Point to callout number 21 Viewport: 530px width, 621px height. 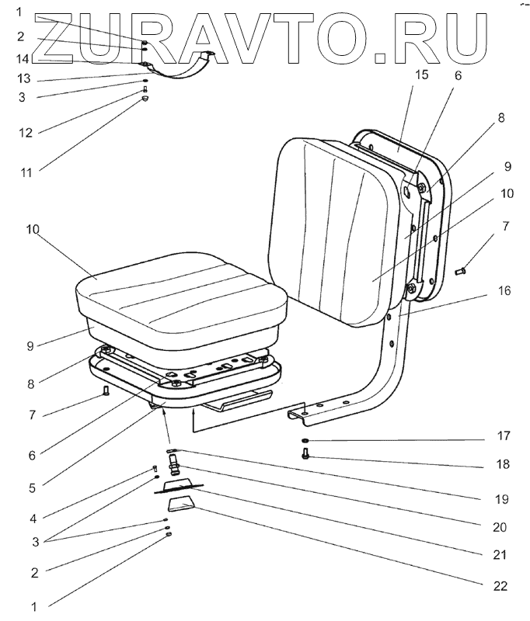coord(499,555)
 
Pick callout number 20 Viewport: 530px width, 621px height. coord(499,527)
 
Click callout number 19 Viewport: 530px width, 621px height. coord(499,498)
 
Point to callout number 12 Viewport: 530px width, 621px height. coord(25,132)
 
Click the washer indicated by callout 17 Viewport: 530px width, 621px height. coord(305,442)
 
